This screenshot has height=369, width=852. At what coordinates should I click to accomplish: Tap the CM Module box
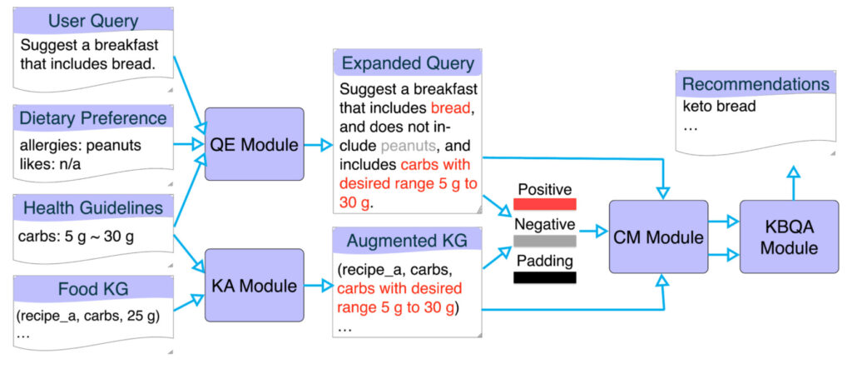(658, 237)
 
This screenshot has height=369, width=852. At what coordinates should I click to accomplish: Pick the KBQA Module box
(789, 237)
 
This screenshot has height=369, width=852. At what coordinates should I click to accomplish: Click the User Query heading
(93, 20)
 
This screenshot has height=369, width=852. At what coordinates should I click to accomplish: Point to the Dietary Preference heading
(93, 117)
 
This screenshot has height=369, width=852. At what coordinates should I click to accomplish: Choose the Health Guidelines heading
(93, 207)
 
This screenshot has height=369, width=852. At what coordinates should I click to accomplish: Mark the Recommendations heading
(755, 84)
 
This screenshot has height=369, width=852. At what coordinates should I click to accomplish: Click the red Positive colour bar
(545, 202)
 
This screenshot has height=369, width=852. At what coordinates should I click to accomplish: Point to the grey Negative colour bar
(545, 241)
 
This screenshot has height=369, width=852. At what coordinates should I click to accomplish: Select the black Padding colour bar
(545, 277)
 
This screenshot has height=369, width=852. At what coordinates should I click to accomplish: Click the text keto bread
(720, 107)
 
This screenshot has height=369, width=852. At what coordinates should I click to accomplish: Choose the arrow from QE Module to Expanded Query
(317, 145)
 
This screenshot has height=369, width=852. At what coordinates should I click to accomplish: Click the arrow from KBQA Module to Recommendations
(792, 183)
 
